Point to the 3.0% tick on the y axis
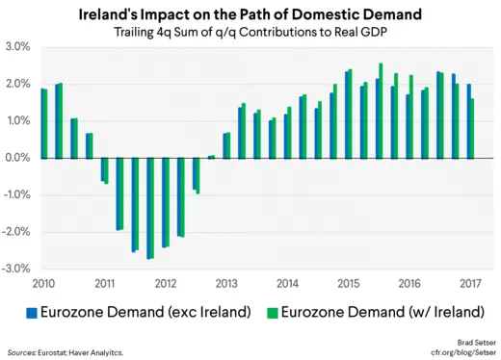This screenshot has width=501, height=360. point(17,47)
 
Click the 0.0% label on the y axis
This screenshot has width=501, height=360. point(17,158)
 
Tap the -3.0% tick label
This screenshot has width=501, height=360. point(16,269)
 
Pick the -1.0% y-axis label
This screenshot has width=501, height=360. point(16,195)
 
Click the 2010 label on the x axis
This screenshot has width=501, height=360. point(43,283)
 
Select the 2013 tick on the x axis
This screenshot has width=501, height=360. point(226,283)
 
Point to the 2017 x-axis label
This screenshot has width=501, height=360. point(471,283)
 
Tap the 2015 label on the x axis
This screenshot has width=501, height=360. point(349,283)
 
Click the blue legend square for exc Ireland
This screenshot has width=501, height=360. point(30,312)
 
